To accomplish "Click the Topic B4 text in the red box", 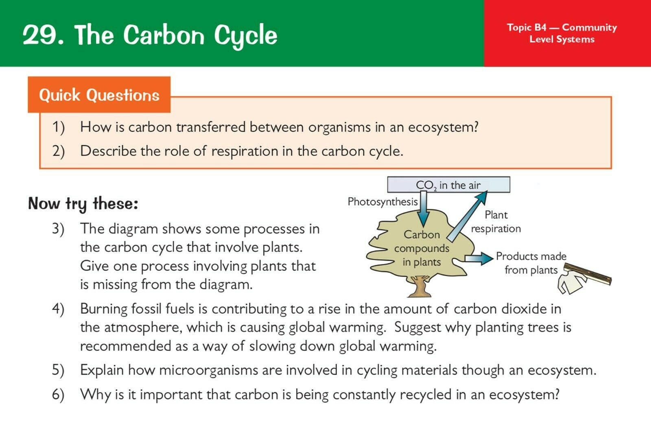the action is [x=526, y=27].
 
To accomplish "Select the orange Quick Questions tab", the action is [x=99, y=95].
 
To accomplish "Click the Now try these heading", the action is [x=83, y=203].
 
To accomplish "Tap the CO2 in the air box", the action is [x=448, y=185].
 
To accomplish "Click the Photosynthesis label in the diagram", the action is [x=382, y=202].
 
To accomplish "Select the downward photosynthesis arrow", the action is [x=424, y=209].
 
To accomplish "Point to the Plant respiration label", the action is [x=496, y=222].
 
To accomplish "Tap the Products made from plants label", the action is [x=531, y=263].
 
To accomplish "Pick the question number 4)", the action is [x=58, y=308].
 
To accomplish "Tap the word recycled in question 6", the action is [x=426, y=395].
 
